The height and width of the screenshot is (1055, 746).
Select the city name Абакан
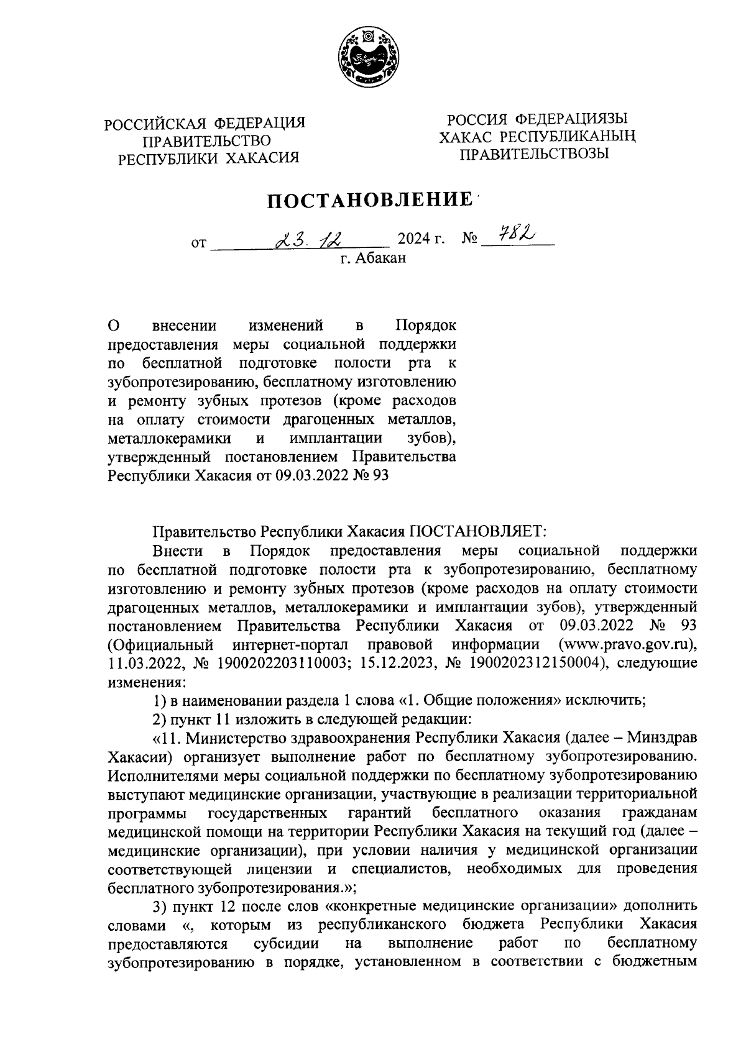pyautogui.click(x=380, y=258)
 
